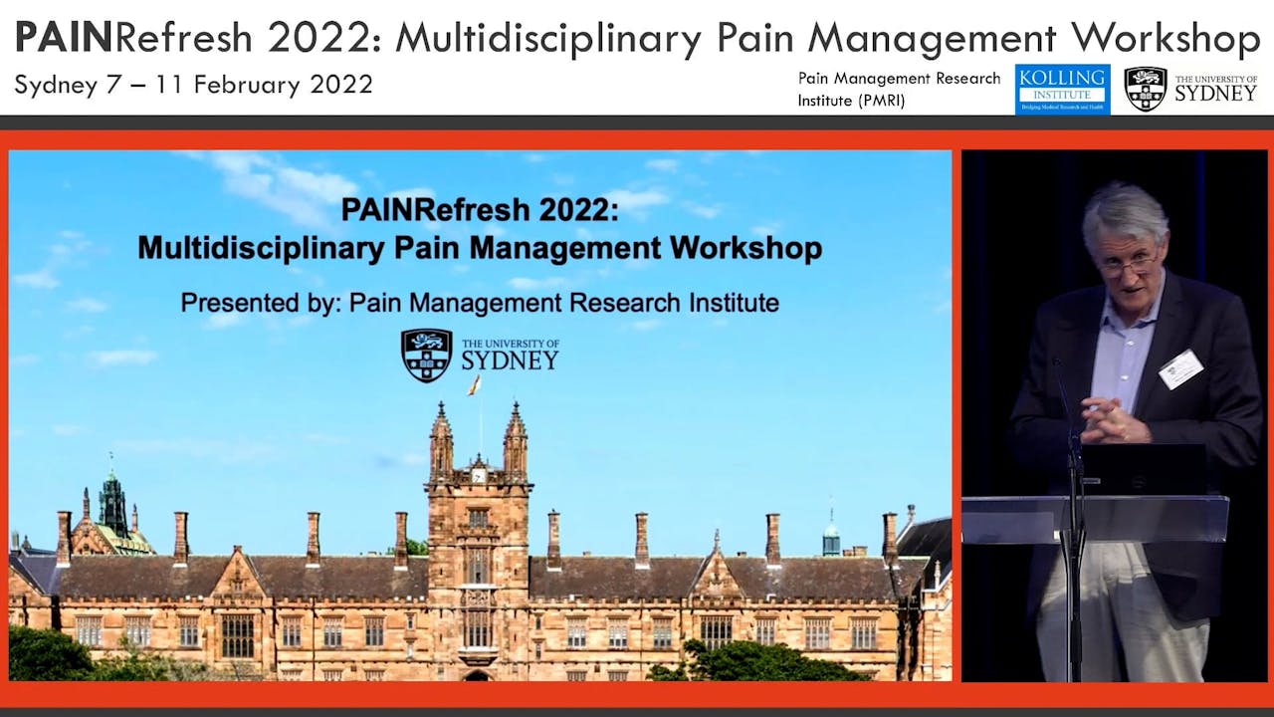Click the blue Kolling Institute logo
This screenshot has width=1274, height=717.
1062,89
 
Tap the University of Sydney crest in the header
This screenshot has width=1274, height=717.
1145,89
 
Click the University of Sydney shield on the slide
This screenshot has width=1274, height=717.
427,356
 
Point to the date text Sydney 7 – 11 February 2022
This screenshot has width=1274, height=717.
193,85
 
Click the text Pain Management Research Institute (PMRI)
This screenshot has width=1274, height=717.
898,89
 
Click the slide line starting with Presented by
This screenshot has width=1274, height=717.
480,302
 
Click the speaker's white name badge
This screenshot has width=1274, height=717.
1180,368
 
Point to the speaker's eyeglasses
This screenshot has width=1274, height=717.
1129,264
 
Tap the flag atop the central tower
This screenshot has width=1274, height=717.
476,385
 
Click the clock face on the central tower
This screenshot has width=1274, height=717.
479,476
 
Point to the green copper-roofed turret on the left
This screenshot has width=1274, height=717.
112,503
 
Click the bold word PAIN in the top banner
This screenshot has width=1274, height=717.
62,38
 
